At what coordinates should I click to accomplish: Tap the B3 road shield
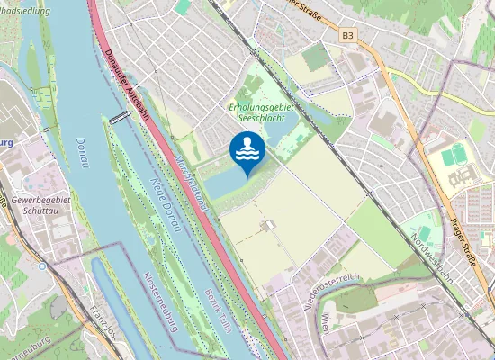(348, 35)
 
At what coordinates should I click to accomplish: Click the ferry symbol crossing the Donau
(118, 118)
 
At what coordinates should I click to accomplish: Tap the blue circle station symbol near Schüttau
(42, 265)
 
